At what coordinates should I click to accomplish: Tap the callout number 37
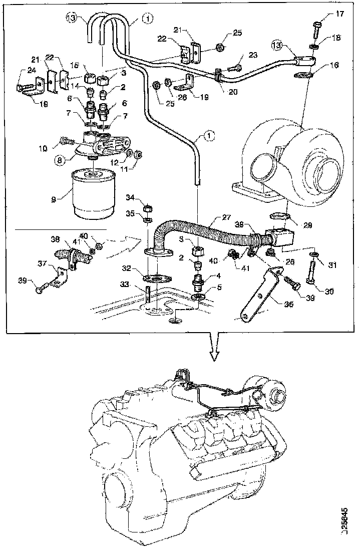tap(43, 263)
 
